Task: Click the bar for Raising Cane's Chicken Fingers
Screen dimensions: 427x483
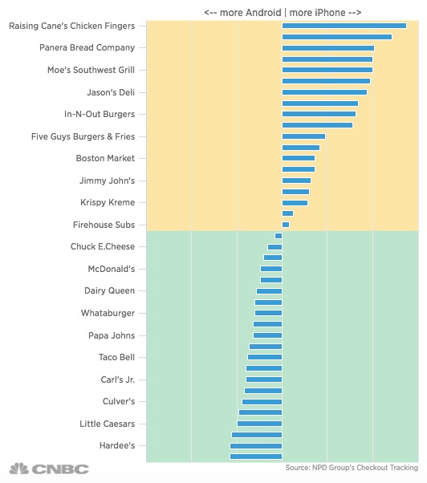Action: [344, 26]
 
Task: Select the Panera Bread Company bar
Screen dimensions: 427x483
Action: [328, 48]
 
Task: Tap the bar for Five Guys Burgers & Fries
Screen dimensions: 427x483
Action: [303, 136]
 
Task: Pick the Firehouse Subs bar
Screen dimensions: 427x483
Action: [286, 225]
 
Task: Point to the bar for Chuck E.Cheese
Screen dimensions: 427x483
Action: [274, 247]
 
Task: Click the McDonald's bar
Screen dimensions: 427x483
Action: [271, 269]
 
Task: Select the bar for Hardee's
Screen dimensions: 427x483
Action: [256, 446]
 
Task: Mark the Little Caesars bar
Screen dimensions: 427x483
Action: [259, 424]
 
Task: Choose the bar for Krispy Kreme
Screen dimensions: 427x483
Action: [295, 203]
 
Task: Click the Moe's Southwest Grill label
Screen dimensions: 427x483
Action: [91, 71]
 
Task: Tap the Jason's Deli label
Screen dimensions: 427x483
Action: [111, 92]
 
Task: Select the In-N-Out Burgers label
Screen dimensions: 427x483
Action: [100, 114]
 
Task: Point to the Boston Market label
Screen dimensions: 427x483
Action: [105, 158]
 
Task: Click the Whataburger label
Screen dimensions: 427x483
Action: [108, 313]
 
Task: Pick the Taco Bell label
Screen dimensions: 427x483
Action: [116, 357]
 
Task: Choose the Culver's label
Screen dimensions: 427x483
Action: [119, 402]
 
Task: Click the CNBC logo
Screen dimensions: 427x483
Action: [49, 469]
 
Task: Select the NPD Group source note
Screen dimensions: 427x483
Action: [352, 468]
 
